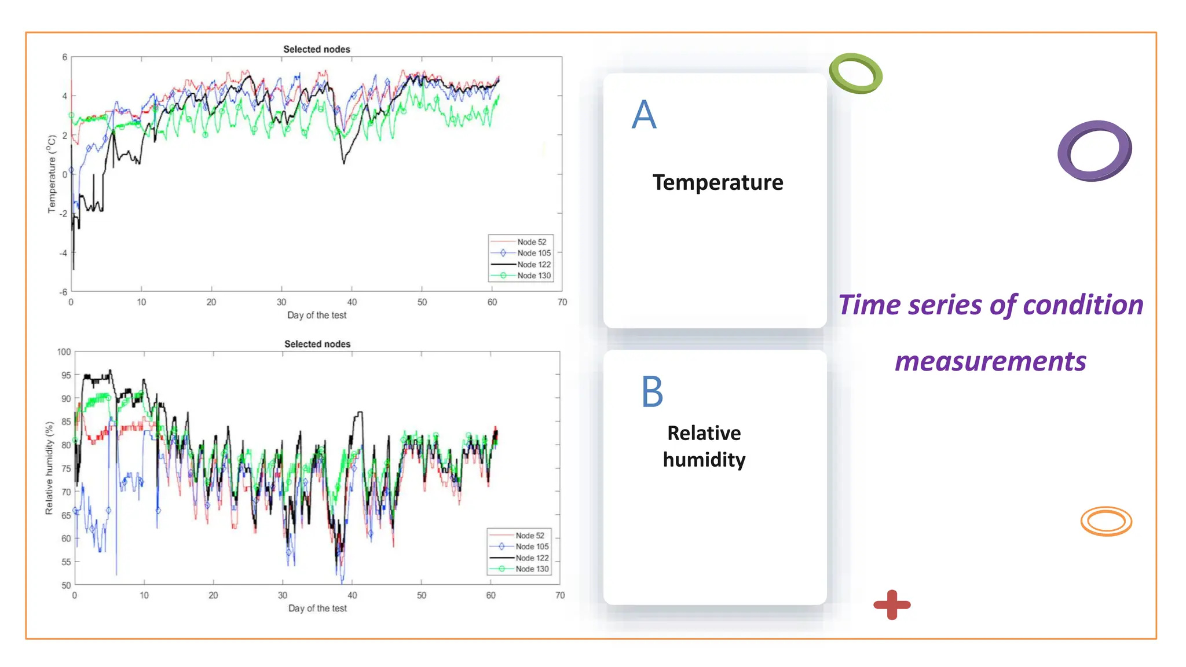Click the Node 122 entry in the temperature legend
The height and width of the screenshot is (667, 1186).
coord(533,265)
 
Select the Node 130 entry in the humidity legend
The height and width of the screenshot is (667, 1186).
coord(532,569)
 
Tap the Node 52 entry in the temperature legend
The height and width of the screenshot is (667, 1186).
coord(531,242)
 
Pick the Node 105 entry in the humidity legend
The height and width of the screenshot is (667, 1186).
coord(532,547)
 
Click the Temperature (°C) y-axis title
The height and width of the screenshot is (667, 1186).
coord(52,174)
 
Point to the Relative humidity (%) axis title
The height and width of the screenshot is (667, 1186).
coord(50,468)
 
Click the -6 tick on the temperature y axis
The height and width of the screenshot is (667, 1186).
coord(63,292)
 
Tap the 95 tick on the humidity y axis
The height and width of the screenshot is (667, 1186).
coord(66,375)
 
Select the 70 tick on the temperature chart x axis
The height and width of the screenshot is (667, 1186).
coord(562,302)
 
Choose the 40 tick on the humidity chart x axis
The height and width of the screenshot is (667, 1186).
coord(352,595)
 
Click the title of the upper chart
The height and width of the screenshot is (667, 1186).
coord(316,49)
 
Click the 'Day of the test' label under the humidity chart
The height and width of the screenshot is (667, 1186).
coord(317,609)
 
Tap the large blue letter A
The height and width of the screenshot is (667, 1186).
coord(644,115)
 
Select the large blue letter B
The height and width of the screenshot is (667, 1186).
coord(652,392)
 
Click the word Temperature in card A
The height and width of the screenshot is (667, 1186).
coord(718,182)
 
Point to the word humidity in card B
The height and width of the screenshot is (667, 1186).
coord(704,460)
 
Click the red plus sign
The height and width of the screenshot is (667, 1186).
coord(892,605)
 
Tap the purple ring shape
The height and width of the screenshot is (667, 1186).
coord(1095,151)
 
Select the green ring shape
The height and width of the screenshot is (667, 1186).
coord(855,74)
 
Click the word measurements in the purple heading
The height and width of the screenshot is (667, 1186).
coord(990,361)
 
